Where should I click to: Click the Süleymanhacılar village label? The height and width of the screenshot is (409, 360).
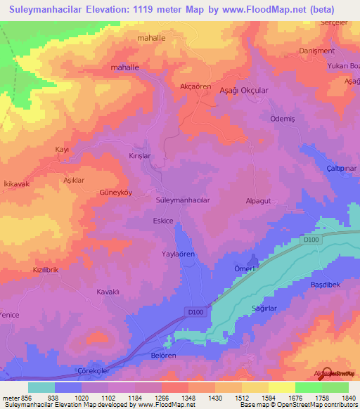(x=182, y=200)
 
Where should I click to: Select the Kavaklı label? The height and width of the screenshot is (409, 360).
(x=110, y=291)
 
